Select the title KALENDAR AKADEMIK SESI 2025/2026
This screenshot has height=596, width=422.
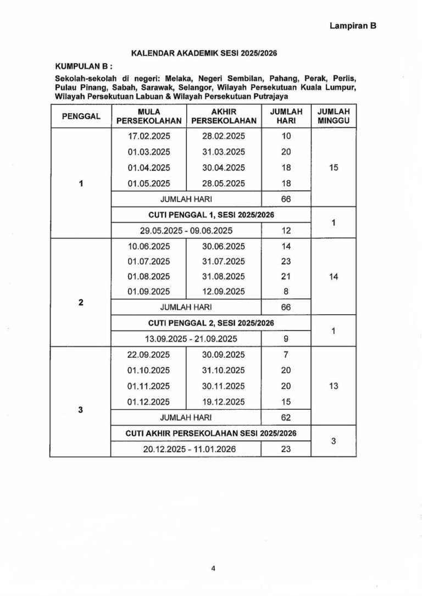pyautogui.click(x=204, y=53)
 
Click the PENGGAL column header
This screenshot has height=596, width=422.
pyautogui.click(x=81, y=116)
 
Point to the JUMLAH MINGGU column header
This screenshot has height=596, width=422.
pyautogui.click(x=333, y=116)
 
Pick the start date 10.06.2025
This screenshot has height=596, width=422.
pyautogui.click(x=149, y=246)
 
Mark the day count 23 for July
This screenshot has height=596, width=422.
pyautogui.click(x=286, y=261)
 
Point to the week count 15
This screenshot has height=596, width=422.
pyautogui.click(x=333, y=168)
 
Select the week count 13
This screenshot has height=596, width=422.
pyautogui.click(x=333, y=386)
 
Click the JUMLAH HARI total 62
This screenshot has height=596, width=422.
pyautogui.click(x=286, y=417)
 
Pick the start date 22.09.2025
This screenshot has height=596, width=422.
pyautogui.click(x=149, y=355)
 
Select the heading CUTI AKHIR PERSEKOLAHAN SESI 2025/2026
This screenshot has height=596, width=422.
pyautogui.click(x=211, y=433)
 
